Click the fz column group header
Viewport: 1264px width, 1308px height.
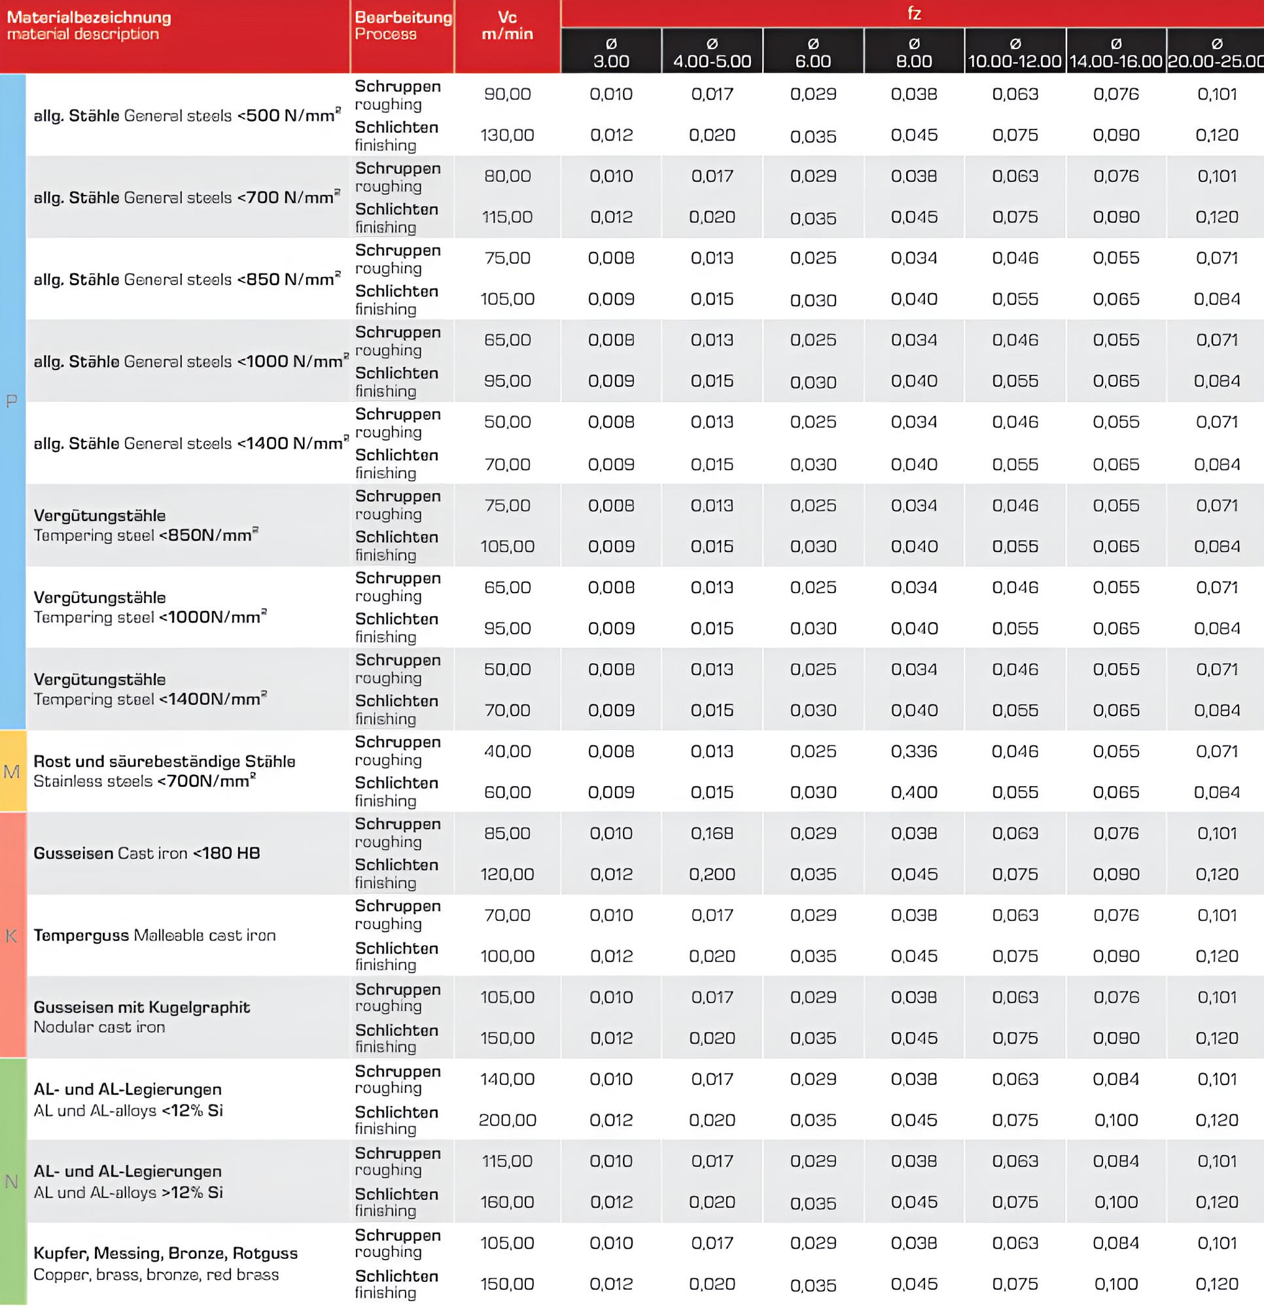pos(913,13)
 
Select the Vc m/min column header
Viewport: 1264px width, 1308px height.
pos(508,26)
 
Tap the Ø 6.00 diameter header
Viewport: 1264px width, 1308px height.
pos(813,53)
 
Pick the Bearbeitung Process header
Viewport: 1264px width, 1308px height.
pos(402,26)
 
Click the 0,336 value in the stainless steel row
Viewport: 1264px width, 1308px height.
pos(913,751)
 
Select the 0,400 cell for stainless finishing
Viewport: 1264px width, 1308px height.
pos(913,792)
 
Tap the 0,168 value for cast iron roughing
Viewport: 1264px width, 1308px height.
pos(712,833)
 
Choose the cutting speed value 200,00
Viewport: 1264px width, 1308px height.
pos(508,1120)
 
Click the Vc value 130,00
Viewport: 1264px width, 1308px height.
pos(508,135)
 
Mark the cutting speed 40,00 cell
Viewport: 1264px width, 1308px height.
pos(508,751)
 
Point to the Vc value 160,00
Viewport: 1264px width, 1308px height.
pos(508,1202)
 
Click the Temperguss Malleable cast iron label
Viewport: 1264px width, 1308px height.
pos(154,935)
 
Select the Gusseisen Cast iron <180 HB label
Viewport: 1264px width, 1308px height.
pos(147,853)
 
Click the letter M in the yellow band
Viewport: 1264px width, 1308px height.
pos(12,772)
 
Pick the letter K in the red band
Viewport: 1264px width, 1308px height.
pos(11,936)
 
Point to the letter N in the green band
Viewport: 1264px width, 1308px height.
pos(11,1182)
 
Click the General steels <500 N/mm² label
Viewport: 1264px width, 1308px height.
pos(187,116)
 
